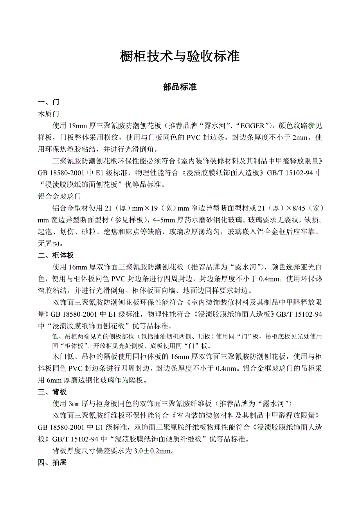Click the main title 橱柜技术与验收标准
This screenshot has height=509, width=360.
[x=180, y=57]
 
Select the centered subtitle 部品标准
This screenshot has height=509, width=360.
[x=180, y=87]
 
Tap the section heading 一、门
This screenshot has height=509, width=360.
[x=49, y=103]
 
